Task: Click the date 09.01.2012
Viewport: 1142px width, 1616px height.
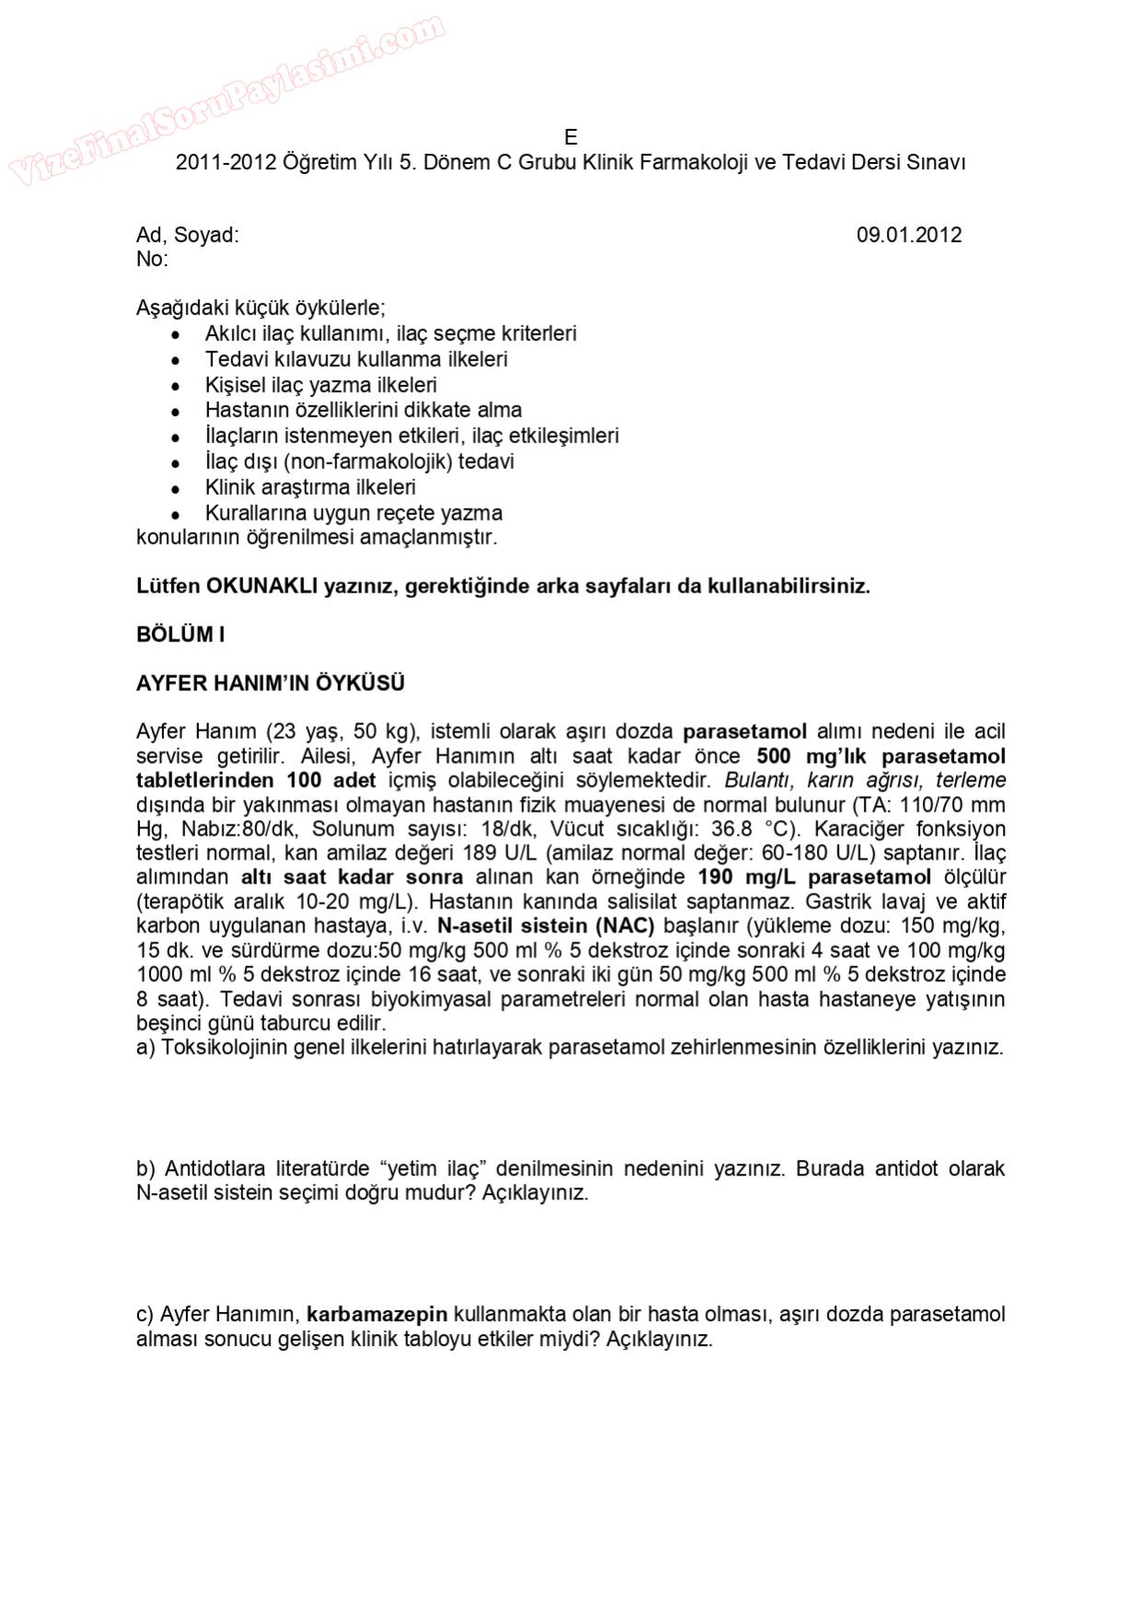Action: [x=908, y=235]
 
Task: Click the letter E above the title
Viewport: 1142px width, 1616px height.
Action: [x=571, y=137]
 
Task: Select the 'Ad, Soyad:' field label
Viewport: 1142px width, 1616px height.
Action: [x=187, y=235]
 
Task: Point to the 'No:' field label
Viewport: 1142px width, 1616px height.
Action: [x=152, y=259]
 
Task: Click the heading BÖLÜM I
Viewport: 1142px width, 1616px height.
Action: [x=181, y=635]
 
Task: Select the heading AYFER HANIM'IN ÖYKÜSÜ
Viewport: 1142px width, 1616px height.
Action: [x=270, y=684]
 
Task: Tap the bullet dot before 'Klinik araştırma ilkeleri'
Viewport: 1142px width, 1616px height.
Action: [x=175, y=488]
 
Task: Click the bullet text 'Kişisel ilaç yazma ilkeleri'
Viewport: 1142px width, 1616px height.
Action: [x=320, y=385]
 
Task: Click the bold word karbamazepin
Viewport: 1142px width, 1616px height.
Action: [x=377, y=1315]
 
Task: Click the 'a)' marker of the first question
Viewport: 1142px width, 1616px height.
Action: [x=146, y=1048]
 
